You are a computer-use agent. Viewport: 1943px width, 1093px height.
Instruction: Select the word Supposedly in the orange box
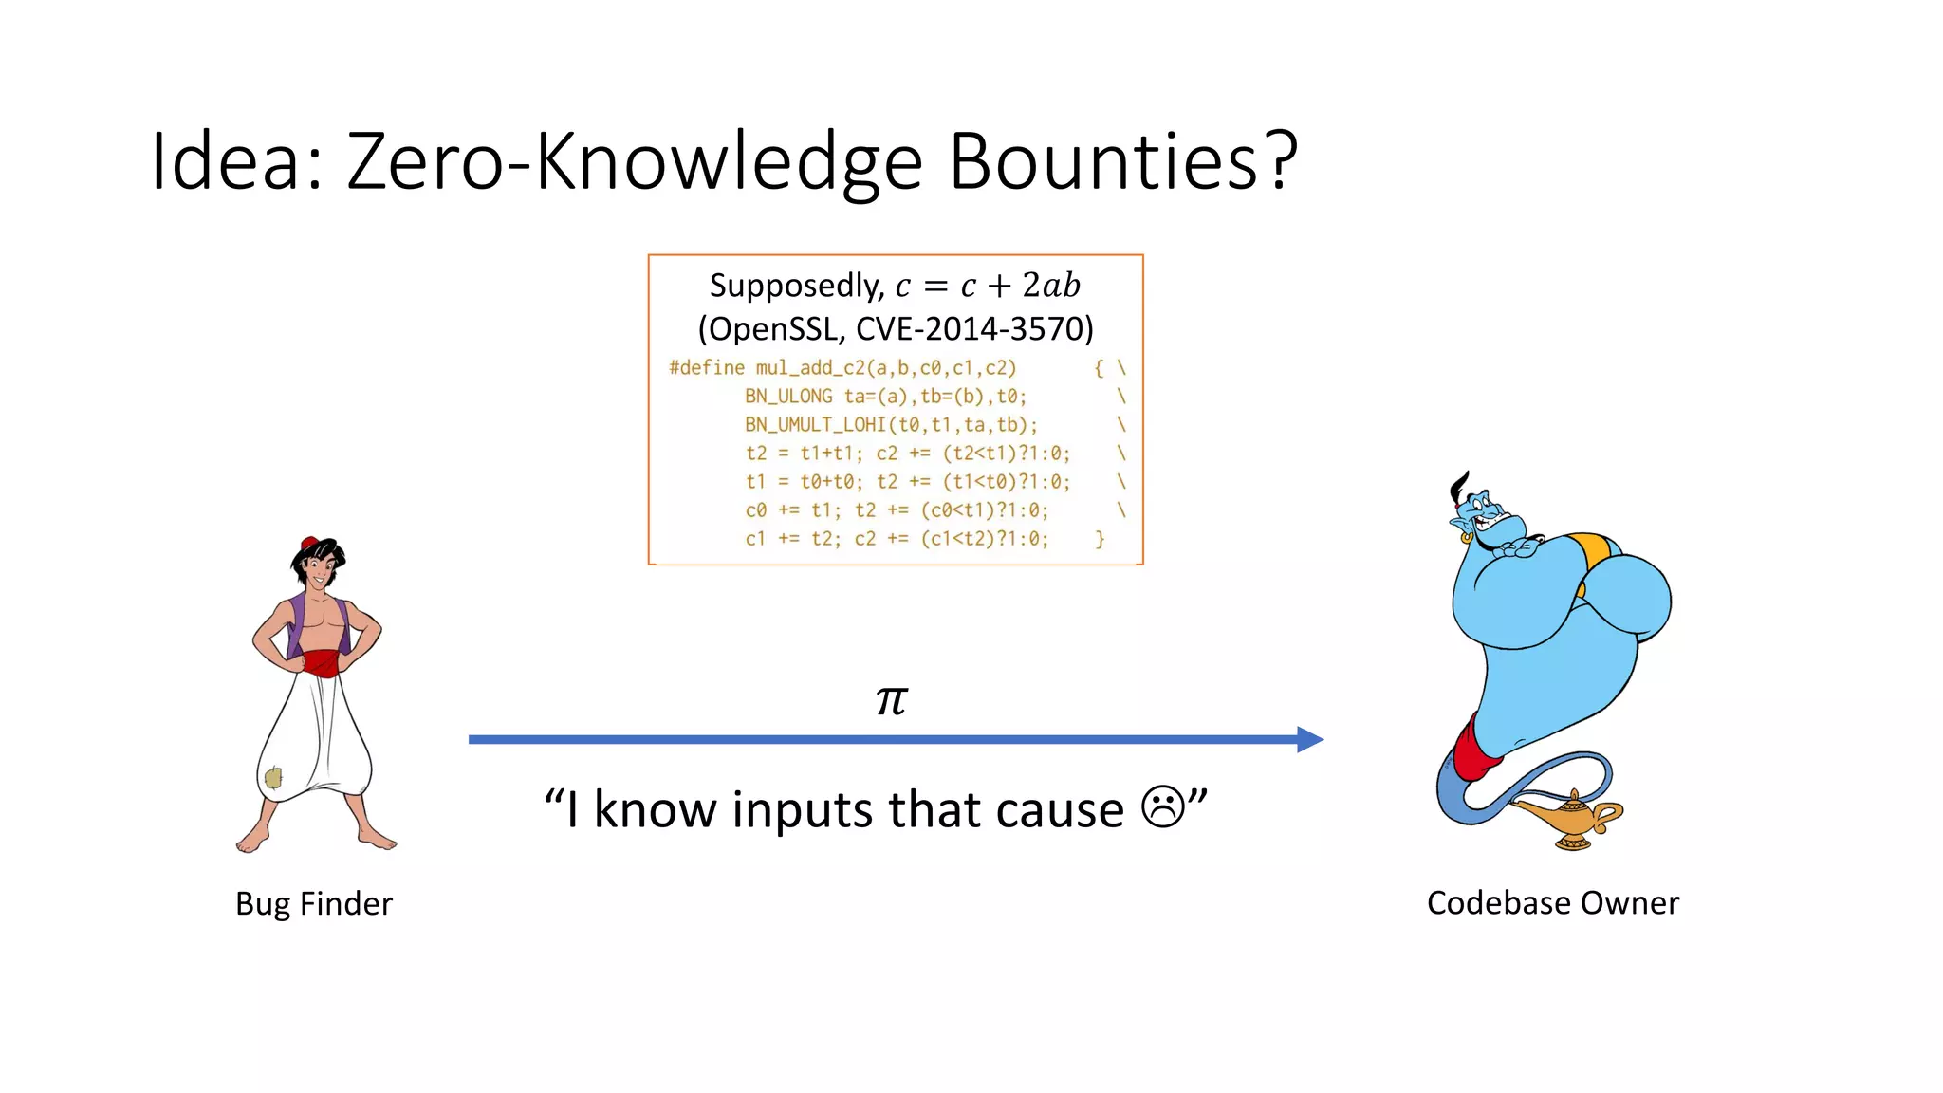[795, 286]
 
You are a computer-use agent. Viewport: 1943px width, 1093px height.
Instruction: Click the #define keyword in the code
[707, 368]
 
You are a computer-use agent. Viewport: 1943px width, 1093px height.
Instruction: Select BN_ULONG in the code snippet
[788, 397]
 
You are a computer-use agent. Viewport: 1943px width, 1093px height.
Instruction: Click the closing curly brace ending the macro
[1100, 539]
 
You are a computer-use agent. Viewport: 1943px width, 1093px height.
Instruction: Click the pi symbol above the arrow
[892, 700]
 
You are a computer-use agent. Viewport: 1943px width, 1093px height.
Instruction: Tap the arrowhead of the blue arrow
[1310, 739]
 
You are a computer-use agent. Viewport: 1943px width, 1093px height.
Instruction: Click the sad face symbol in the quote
[1162, 807]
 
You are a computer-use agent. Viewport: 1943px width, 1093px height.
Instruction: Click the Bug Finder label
[313, 903]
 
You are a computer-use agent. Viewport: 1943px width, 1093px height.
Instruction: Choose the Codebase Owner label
[1552, 902]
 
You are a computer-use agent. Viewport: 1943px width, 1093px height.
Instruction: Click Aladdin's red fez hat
[309, 544]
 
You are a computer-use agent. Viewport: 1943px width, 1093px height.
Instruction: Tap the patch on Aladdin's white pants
[273, 778]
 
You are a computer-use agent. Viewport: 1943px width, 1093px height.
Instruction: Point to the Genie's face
[1489, 521]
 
